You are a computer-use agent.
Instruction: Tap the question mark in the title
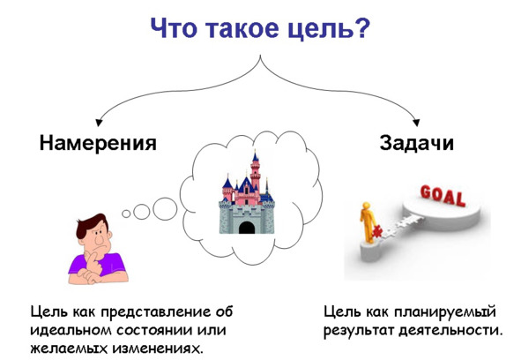(x=361, y=27)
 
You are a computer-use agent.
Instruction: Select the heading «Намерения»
(x=98, y=143)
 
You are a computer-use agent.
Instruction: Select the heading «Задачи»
(x=417, y=143)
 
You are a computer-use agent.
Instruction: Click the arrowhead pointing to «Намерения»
(x=99, y=123)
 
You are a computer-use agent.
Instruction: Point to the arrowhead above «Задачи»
(x=416, y=123)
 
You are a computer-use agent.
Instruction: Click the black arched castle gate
(x=247, y=228)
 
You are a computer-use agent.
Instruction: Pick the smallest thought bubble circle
(x=126, y=214)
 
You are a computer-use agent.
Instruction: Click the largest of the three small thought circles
(x=165, y=209)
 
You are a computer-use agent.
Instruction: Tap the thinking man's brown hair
(x=90, y=225)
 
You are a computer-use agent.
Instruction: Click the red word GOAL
(x=443, y=196)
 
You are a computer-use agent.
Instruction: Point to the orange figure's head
(x=366, y=206)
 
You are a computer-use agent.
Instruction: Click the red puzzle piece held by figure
(x=376, y=232)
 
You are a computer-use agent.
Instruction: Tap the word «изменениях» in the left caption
(x=157, y=349)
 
